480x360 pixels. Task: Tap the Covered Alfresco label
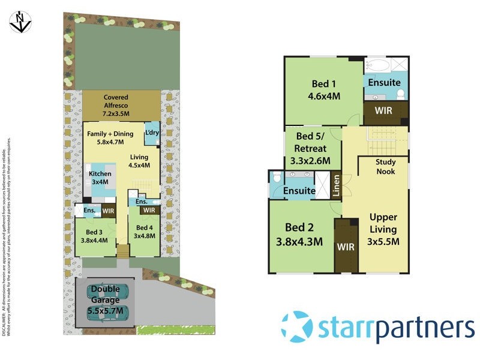pos(116,105)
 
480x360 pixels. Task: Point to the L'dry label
pos(152,133)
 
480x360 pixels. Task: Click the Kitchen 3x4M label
pos(100,178)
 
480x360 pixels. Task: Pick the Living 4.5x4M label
pos(140,161)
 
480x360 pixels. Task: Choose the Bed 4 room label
pos(145,232)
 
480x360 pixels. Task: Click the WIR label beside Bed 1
pos(384,111)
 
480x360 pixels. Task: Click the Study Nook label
pos(385,167)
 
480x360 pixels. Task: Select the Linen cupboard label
pos(337,187)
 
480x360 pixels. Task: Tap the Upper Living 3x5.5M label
pos(383,229)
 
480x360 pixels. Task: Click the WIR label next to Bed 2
pos(345,246)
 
